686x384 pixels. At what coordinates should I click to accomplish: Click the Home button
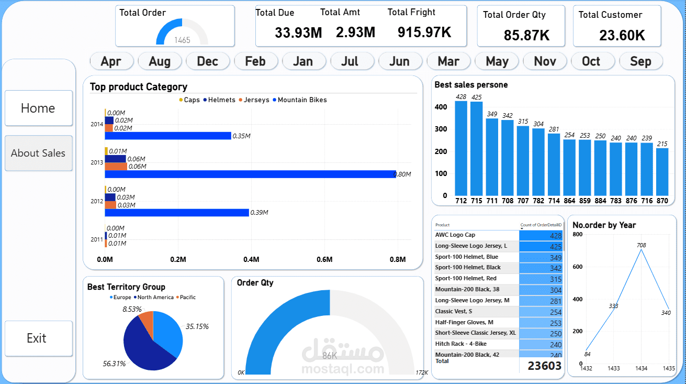click(38, 108)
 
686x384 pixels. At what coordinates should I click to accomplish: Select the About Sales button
click(38, 153)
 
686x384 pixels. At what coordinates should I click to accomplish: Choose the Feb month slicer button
click(255, 61)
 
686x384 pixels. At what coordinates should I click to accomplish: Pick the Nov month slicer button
click(545, 61)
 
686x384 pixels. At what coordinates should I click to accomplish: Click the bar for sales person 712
click(461, 148)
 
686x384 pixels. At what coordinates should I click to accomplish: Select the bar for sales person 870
click(662, 171)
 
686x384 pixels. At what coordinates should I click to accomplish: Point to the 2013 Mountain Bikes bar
click(250, 174)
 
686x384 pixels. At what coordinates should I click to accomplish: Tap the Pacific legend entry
click(187, 298)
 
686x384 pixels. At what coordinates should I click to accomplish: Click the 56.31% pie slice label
click(115, 364)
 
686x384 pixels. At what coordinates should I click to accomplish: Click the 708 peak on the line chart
click(642, 249)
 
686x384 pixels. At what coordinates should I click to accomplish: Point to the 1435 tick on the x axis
click(669, 369)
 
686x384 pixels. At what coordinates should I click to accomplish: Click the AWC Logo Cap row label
click(455, 235)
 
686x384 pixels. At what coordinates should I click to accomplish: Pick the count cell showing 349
click(542, 258)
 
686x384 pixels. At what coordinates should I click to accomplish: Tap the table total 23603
click(544, 366)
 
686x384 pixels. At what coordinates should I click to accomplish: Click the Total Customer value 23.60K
click(622, 36)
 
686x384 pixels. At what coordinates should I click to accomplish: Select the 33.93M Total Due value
click(298, 32)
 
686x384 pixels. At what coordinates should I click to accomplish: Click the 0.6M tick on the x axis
click(324, 259)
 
